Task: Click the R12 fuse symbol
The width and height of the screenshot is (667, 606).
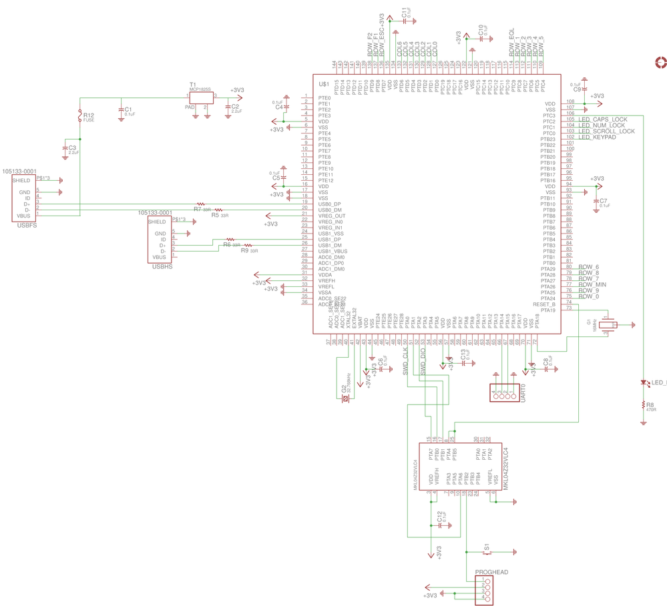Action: pos(80,116)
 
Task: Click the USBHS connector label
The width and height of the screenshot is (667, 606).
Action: pos(162,267)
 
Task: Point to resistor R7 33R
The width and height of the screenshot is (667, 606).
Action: pos(201,204)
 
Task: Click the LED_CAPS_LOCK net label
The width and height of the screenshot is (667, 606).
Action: pos(602,119)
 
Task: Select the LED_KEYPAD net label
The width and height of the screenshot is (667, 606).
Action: pos(597,137)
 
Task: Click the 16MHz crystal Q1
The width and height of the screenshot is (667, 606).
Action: pos(608,325)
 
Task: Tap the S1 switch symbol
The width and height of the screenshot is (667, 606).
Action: pos(486,552)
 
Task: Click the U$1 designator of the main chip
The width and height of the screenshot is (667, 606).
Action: pos(324,83)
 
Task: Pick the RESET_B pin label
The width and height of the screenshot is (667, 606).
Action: pos(544,304)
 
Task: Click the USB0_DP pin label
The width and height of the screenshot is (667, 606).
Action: pos(330,204)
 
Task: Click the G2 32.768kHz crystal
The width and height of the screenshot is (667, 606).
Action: pos(345,398)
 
